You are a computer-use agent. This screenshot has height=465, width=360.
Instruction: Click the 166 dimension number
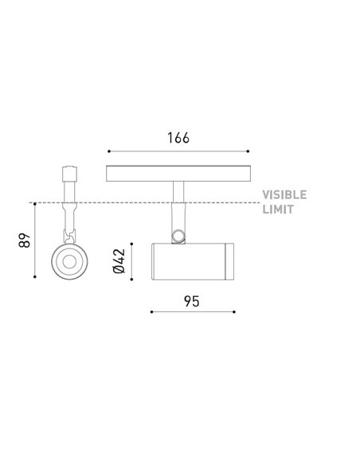click(x=178, y=138)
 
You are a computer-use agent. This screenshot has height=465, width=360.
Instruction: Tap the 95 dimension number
click(x=192, y=301)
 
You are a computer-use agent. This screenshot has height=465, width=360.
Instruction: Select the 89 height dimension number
click(x=25, y=240)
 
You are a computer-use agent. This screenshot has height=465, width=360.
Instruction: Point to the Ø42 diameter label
click(x=119, y=261)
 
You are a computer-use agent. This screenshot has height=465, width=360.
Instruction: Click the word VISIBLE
click(x=284, y=195)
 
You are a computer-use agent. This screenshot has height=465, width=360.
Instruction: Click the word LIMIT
click(x=278, y=209)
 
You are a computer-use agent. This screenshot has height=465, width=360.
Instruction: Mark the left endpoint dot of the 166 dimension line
click(x=109, y=151)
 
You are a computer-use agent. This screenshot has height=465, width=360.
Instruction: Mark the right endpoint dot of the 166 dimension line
click(x=248, y=151)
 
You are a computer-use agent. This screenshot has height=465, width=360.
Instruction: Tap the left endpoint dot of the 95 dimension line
click(x=151, y=311)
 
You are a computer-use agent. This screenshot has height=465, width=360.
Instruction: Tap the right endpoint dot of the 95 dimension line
click(x=234, y=311)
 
